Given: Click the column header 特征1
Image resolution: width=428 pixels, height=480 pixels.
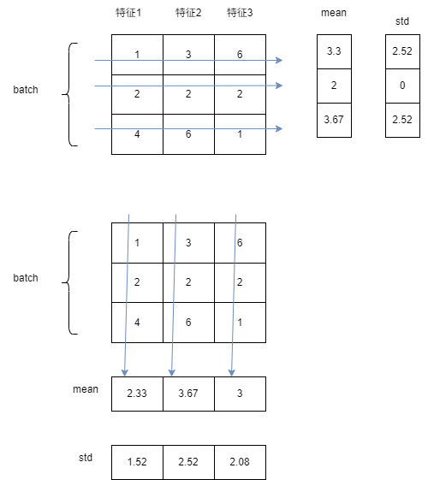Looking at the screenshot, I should coord(137,13).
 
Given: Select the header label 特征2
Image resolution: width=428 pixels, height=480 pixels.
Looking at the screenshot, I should coord(188,13).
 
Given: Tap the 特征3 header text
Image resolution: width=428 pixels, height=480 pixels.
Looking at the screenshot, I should coord(240,13).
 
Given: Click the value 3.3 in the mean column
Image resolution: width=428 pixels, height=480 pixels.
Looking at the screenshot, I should coord(334,52).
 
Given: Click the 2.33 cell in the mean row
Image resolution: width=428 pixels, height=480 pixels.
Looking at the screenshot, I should coord(137,394).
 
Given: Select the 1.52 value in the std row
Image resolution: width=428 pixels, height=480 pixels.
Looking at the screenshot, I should coord(137,462).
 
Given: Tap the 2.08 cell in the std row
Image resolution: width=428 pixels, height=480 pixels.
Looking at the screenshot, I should coord(240,462).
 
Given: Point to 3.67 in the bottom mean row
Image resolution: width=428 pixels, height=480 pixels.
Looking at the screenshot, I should coord(188,394).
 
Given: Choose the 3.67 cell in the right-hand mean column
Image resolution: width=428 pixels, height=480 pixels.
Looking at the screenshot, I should coord(334,121).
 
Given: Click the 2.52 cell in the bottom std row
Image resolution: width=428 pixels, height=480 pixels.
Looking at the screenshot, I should coord(188,462).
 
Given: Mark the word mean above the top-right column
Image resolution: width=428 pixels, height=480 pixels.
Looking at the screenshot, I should coord(334,14).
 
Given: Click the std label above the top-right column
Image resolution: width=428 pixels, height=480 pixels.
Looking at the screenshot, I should coord(402,20).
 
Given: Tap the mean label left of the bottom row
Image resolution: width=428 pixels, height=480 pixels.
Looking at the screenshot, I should coord(86,389).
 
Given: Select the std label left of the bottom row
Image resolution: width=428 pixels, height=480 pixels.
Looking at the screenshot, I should coord(86,458).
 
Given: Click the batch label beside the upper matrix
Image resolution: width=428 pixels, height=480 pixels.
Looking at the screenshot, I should coord(26,90).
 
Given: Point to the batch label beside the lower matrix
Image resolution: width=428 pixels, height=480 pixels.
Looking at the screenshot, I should coord(26,278).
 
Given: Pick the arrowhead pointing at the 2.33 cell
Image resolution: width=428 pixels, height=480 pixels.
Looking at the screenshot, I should coord(125,372).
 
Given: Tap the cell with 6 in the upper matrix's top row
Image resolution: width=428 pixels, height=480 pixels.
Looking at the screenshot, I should coord(240,55).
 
